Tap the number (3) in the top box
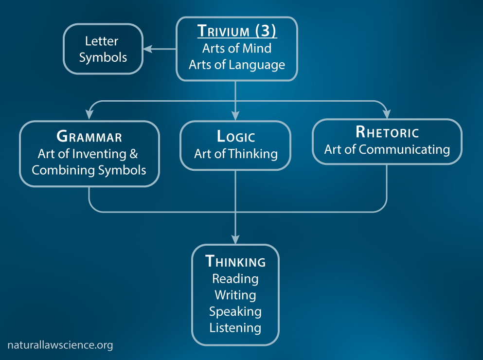point(266,31)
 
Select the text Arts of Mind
point(236,48)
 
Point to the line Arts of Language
point(236,64)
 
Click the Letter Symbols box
point(103,49)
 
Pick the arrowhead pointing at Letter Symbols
point(146,49)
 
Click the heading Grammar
point(89,136)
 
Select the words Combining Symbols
point(89,170)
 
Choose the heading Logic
point(236,136)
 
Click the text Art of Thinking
point(236,154)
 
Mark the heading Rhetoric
point(387,132)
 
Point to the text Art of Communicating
point(387,149)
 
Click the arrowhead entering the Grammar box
point(89,116)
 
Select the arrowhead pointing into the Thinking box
point(235,240)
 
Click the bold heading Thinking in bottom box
point(236,262)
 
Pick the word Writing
point(235,295)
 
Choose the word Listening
point(235,328)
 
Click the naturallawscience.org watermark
point(60,345)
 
